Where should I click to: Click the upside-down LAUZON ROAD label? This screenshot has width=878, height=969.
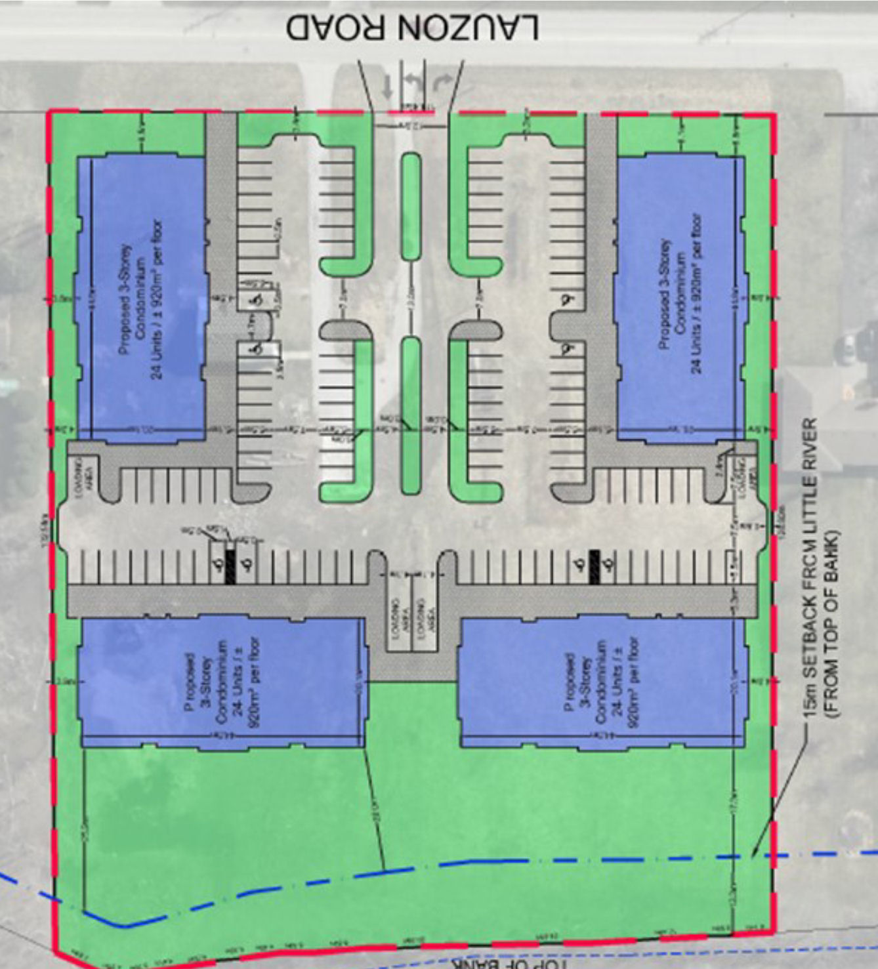click(x=413, y=28)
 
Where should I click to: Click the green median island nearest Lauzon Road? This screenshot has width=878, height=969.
click(x=411, y=206)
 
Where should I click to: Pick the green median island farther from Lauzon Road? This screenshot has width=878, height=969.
click(x=410, y=415)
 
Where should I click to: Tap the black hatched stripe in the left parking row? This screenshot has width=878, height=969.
click(x=230, y=566)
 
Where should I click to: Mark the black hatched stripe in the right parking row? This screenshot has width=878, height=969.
click(x=595, y=566)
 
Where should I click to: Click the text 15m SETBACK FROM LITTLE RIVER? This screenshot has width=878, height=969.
click(x=810, y=567)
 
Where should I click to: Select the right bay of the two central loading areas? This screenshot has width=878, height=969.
click(x=423, y=614)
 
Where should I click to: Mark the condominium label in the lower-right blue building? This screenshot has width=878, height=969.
click(x=601, y=683)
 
